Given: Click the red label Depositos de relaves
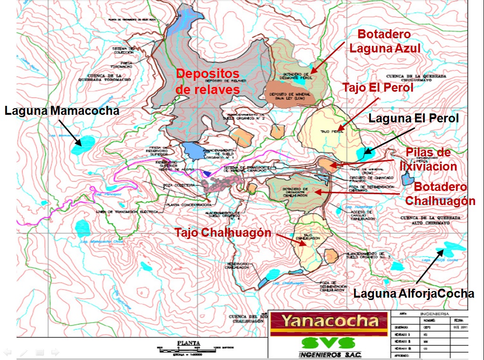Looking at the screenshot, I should (208, 81).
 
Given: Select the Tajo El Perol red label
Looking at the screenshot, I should (378, 88).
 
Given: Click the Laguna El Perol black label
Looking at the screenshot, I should (414, 118).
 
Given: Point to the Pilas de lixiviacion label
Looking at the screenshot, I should (428, 159).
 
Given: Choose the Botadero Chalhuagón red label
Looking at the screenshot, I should (440, 194).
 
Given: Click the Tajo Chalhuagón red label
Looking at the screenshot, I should (223, 232).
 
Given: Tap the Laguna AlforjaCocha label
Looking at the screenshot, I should (414, 293).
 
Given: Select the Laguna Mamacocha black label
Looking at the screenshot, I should (61, 111).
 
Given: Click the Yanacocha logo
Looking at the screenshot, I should (330, 322).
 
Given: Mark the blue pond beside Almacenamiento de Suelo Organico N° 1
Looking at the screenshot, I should (192, 150).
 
